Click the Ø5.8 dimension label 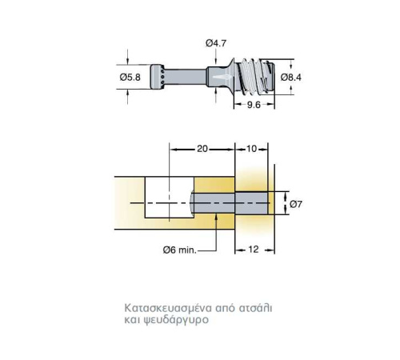click(130, 78)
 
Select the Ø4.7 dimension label click(216, 43)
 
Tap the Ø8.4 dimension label click(291, 78)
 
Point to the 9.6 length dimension click(254, 105)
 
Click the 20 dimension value click(202, 149)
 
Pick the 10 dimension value click(251, 149)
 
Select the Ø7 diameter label click(296, 204)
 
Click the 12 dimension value click(254, 250)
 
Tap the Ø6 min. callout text click(180, 250)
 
